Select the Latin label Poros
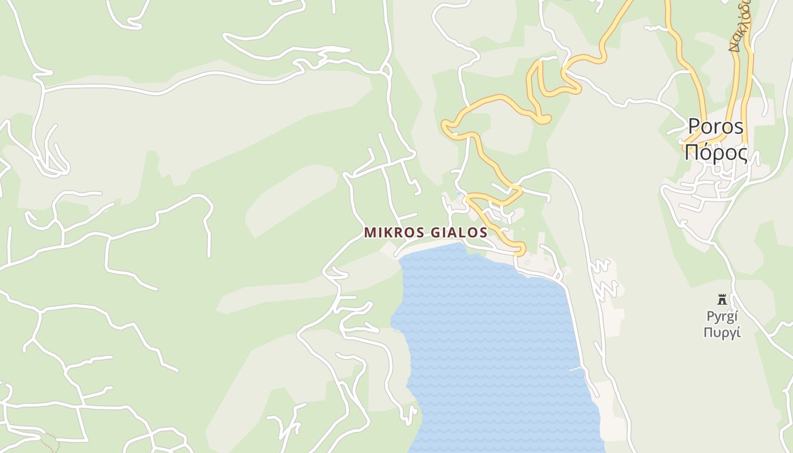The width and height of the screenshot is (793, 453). [715, 127]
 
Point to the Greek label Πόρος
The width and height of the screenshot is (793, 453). [716, 153]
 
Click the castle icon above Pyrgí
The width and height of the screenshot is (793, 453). [722, 300]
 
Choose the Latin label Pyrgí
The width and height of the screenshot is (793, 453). [722, 316]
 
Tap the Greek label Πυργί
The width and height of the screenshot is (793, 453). [722, 332]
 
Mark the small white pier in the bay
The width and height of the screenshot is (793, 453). [575, 369]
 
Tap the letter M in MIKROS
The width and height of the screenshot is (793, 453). [370, 233]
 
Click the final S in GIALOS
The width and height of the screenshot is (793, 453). [483, 233]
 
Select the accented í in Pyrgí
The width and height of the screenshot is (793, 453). [736, 316]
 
